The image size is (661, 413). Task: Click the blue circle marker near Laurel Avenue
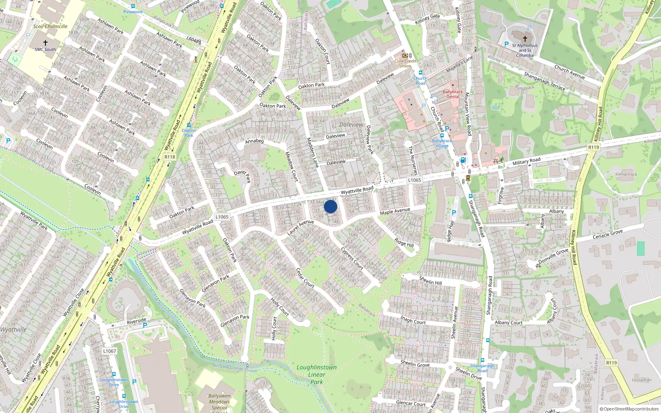click(x=330, y=206)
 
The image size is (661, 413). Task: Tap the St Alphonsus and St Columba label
click(x=525, y=50)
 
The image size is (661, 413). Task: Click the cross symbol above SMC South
click(x=45, y=43)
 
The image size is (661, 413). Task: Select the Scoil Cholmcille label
click(x=50, y=26)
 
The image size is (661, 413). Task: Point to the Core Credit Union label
click(x=405, y=63)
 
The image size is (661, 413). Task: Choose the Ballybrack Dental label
click(x=453, y=94)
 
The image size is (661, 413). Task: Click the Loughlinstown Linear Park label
click(x=316, y=375)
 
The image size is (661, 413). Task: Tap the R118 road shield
click(x=170, y=157)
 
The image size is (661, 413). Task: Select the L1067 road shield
click(x=109, y=351)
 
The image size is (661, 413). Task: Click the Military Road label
click(x=526, y=161)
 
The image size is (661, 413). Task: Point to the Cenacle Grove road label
click(x=607, y=235)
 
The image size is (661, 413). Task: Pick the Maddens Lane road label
click(x=313, y=152)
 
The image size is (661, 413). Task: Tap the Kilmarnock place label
click(x=626, y=174)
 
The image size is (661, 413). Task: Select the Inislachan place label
click(x=642, y=380)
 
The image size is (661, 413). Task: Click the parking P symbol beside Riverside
click(x=145, y=325)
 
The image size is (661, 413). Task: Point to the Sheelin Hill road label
click(x=430, y=280)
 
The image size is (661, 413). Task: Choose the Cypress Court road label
click(x=352, y=259)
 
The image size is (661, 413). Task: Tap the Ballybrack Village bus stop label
click(x=442, y=143)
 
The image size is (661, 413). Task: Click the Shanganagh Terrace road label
click(x=544, y=81)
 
